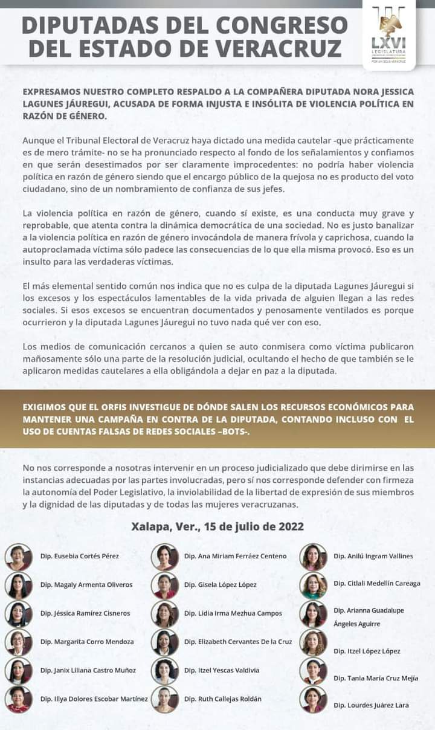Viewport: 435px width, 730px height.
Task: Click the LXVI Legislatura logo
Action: click(x=388, y=34)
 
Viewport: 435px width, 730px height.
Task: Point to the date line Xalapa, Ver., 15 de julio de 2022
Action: click(x=217, y=526)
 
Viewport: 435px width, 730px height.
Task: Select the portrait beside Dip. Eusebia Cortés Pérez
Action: click(x=19, y=557)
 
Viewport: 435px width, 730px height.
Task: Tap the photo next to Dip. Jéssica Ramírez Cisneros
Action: click(x=19, y=613)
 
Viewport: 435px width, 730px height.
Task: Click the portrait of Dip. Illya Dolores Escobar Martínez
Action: click(x=19, y=699)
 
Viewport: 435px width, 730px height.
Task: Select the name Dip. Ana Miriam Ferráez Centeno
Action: click(x=235, y=556)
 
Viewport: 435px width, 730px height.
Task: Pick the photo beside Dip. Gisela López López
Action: click(x=164, y=585)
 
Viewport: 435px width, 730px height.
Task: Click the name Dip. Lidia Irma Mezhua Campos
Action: click(x=233, y=613)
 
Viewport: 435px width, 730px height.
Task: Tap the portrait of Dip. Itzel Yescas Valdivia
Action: click(x=164, y=670)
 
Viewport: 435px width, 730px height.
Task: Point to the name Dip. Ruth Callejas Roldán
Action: click(x=223, y=699)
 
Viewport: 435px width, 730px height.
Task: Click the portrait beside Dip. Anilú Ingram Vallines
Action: click(x=313, y=557)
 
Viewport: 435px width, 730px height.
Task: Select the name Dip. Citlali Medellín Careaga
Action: click(x=377, y=583)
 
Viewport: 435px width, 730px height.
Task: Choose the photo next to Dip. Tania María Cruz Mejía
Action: click(x=313, y=671)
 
